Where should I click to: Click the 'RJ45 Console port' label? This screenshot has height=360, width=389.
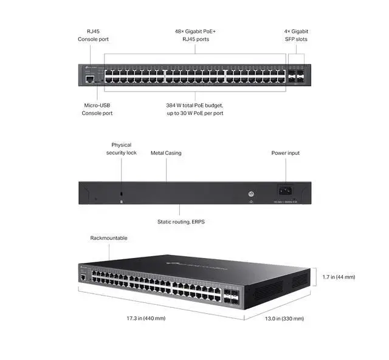coord(92,35)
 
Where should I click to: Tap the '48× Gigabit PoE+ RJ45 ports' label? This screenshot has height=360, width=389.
coord(195,35)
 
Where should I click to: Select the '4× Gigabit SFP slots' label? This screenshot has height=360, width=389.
coord(296,35)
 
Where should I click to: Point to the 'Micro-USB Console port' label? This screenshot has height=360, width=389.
coord(97,109)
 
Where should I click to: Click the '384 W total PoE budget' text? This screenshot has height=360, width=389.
coord(195,105)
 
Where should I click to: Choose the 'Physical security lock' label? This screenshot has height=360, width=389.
coord(121,149)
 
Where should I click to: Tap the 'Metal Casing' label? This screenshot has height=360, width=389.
coord(166,153)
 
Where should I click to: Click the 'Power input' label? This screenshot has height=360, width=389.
coord(285,153)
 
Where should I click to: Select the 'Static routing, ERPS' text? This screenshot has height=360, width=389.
coord(181,222)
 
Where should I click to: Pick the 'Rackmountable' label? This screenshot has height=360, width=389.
coord(109,238)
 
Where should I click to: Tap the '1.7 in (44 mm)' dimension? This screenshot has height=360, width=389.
coord(339,277)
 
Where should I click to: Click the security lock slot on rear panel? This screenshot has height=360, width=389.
coord(122,194)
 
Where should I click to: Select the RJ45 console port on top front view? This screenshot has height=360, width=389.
coord(89,78)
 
